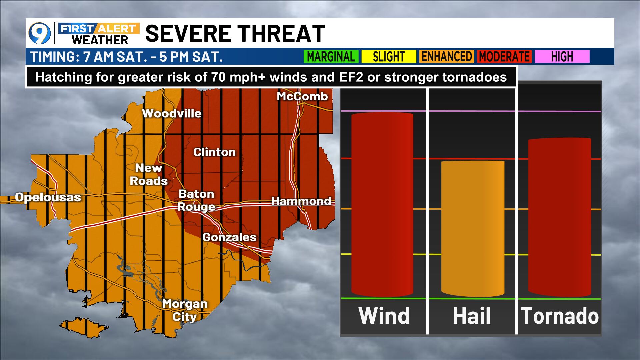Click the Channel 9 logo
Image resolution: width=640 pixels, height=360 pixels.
tap(40, 34)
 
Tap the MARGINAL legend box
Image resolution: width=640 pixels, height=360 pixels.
tap(331, 57)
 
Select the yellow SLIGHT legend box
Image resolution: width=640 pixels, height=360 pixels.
tap(389, 57)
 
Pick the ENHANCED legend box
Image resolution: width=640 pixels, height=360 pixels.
tap(447, 57)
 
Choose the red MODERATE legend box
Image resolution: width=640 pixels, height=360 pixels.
tap(504, 57)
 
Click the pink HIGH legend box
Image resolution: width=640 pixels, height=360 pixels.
tap(562, 57)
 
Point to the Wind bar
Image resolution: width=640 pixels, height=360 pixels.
tap(382, 204)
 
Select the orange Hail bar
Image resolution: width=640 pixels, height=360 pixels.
tap(472, 229)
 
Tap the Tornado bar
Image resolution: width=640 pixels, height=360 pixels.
tap(559, 217)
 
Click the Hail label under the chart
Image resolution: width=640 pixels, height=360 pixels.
tap(472, 316)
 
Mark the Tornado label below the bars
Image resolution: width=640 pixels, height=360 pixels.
tap(560, 316)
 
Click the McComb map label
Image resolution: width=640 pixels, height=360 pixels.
tap(302, 97)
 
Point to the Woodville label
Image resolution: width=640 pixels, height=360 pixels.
tap(172, 114)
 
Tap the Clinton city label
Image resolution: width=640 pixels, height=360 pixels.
tap(214, 152)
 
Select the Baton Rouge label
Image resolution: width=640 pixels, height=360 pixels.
tap(196, 200)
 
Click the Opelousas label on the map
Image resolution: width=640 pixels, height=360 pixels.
tap(48, 197)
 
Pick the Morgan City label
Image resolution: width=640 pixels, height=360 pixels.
tap(185, 310)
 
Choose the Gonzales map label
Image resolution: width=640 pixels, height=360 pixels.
tap(229, 237)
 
